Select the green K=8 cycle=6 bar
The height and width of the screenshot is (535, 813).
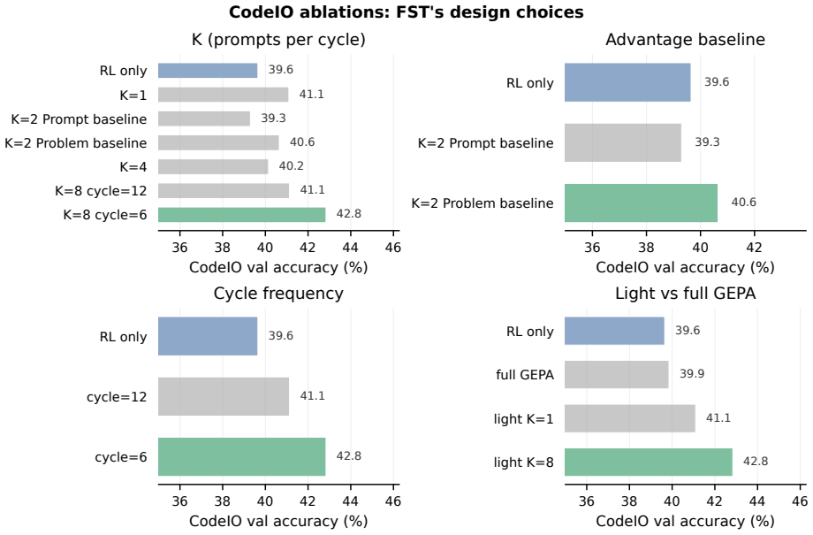[241, 215]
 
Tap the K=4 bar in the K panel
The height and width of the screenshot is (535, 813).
[213, 166]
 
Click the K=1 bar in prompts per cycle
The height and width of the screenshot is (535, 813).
[223, 95]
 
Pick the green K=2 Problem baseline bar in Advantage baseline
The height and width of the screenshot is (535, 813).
[641, 203]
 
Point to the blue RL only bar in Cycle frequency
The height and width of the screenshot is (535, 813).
[208, 336]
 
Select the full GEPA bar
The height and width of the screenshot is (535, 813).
[617, 375]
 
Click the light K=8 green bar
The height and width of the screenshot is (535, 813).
[648, 462]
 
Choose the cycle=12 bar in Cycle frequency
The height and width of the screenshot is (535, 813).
[224, 396]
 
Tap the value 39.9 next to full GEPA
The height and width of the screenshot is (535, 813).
[692, 374]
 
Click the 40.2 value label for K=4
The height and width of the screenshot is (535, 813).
[291, 166]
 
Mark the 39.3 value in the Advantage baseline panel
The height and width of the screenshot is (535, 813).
[707, 142]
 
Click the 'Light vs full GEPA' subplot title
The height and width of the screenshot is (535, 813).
[685, 294]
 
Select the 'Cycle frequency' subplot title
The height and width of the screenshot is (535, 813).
[278, 294]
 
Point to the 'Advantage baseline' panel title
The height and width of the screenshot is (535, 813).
[685, 40]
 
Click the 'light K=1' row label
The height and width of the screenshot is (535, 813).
[524, 419]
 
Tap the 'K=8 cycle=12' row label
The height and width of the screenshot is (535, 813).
[101, 191]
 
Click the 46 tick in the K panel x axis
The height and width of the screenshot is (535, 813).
[393, 248]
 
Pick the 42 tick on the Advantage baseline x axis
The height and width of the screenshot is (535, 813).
[754, 248]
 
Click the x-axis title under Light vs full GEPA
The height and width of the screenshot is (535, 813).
[685, 521]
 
